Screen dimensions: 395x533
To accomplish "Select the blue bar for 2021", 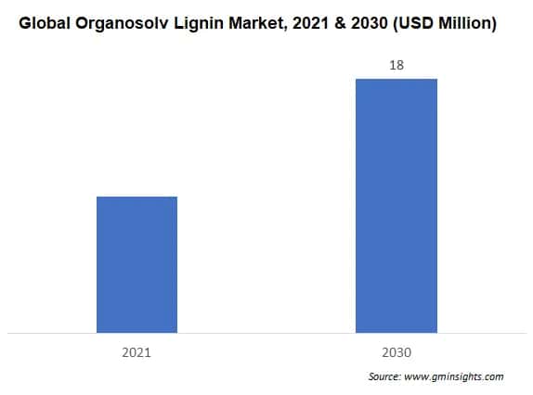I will (x=136, y=264).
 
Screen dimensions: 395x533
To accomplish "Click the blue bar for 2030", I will (x=396, y=205).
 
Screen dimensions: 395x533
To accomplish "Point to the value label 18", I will (x=396, y=66).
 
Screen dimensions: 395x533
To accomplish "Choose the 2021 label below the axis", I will (x=136, y=352).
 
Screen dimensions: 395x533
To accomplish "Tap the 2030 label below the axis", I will (x=396, y=352).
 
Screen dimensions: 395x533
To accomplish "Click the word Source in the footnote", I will (x=383, y=377).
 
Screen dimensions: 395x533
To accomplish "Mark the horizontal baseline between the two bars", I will (x=266, y=332).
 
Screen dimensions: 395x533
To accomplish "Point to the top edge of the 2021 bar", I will (x=136, y=197).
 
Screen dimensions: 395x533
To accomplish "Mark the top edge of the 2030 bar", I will (x=396, y=79).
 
